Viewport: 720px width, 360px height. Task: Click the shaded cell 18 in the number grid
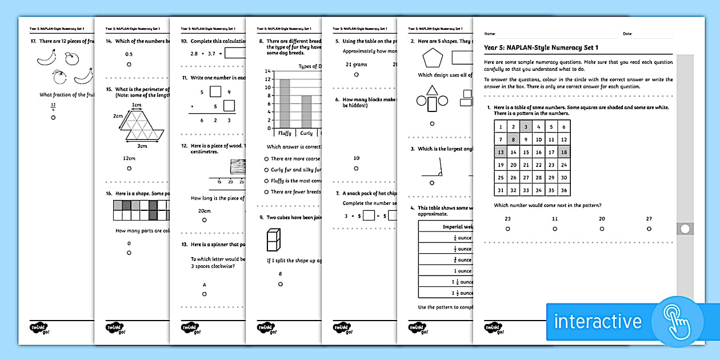coord(563,153)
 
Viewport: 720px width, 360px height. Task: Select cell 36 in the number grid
coord(563,191)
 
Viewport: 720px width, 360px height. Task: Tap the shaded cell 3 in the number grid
coord(526,127)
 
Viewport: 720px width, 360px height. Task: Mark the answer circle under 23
coord(507,229)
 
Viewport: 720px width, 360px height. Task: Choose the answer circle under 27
coord(649,229)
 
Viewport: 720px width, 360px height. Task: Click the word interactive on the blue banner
coord(598,321)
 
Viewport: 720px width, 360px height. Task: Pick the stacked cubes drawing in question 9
coord(273,239)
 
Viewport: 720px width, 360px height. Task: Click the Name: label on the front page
coord(490,34)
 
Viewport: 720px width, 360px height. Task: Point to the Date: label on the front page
coord(627,34)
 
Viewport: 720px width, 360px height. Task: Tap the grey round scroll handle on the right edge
coord(685,229)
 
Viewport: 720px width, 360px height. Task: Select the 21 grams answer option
coord(356,65)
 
